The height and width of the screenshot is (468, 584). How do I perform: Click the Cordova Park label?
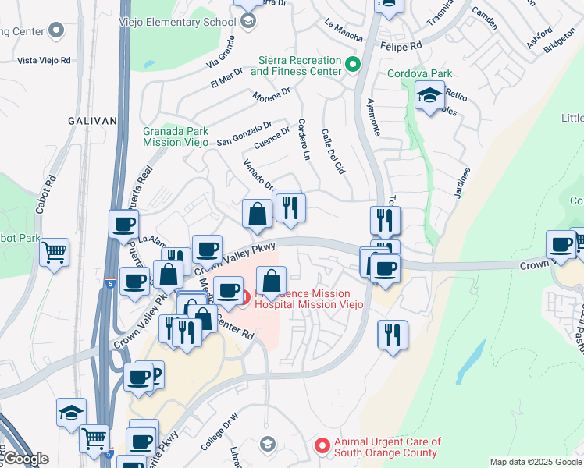click(420, 74)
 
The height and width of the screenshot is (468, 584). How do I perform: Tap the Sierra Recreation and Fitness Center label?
click(296, 66)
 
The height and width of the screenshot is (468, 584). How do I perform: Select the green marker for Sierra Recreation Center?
click(353, 65)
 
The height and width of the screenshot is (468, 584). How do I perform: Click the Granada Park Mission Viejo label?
click(176, 137)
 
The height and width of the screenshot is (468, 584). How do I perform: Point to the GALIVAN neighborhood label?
click(92, 121)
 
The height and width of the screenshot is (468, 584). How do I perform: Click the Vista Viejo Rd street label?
click(44, 60)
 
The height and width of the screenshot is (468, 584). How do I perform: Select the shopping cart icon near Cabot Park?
click(55, 252)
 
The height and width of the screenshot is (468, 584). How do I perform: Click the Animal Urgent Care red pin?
click(321, 445)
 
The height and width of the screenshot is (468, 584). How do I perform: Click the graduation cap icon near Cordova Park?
click(429, 97)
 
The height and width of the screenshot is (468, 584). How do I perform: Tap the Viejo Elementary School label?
click(182, 22)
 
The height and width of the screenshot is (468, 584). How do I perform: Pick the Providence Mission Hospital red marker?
click(244, 297)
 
